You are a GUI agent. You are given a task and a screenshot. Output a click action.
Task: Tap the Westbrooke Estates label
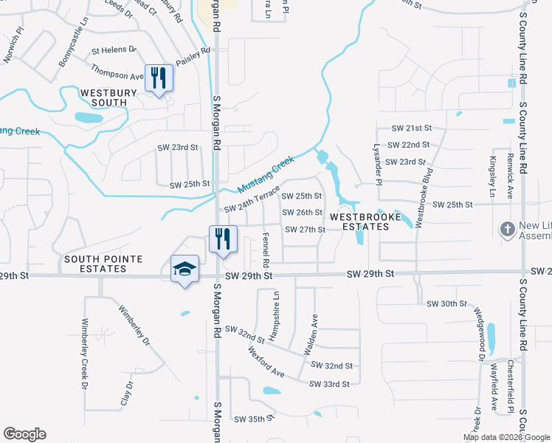365,222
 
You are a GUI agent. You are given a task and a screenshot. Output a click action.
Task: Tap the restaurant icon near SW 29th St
223,238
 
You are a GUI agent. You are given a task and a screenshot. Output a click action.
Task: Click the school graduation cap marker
184,269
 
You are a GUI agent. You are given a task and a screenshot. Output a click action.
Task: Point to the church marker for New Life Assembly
508,230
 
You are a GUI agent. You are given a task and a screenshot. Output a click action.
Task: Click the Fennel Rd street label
266,250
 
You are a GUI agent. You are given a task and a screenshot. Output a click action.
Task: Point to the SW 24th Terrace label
252,198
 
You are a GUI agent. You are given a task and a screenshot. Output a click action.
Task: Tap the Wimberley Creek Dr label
86,354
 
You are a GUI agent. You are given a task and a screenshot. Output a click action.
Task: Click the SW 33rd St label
329,384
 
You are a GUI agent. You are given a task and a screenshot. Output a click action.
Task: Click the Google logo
24,434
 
